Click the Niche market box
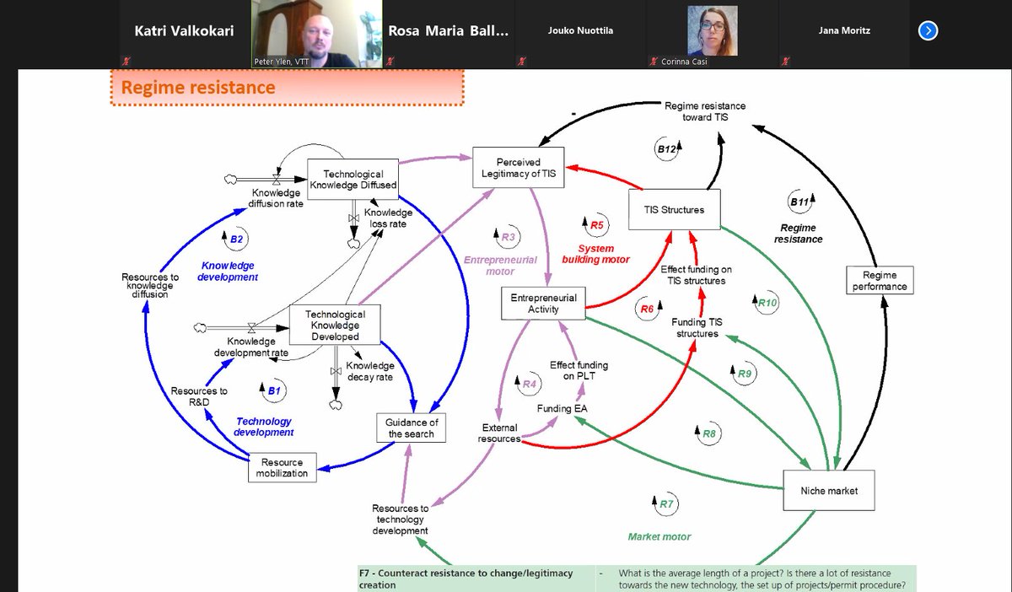(x=831, y=490)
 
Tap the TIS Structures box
(x=676, y=210)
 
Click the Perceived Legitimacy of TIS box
(x=519, y=168)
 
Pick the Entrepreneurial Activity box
(x=543, y=303)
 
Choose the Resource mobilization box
(x=282, y=468)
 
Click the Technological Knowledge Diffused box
(x=352, y=180)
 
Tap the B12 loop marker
(x=668, y=149)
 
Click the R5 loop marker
(x=595, y=225)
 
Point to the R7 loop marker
(x=665, y=503)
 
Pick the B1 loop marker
(x=272, y=390)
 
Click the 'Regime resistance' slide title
(x=199, y=87)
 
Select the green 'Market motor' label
(x=659, y=536)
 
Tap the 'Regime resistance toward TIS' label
(x=705, y=111)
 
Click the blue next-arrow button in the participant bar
(x=928, y=31)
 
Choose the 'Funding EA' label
(x=563, y=408)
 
